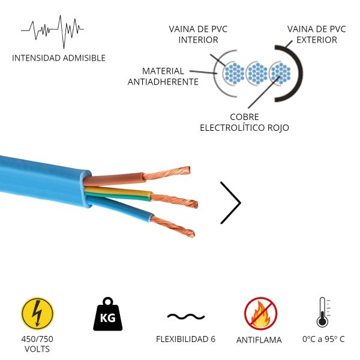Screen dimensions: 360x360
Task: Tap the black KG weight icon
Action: tap(107, 313)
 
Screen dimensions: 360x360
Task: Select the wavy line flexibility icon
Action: tap(185, 316)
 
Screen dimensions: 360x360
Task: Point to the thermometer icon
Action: tap(323, 312)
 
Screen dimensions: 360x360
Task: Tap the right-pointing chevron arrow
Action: tap(231, 203)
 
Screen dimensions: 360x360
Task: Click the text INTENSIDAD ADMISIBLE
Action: tap(59, 58)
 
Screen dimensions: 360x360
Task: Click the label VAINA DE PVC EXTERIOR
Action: tap(316, 35)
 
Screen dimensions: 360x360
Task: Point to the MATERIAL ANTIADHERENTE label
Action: tap(163, 76)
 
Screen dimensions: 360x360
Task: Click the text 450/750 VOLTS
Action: tap(37, 344)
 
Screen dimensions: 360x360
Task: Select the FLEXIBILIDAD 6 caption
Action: tap(185, 339)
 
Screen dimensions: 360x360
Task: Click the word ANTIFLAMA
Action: tap(259, 340)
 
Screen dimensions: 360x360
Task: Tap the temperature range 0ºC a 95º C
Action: tap(323, 339)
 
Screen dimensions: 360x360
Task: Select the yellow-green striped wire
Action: tap(120, 194)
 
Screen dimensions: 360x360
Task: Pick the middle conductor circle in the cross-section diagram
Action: tap(257, 74)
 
